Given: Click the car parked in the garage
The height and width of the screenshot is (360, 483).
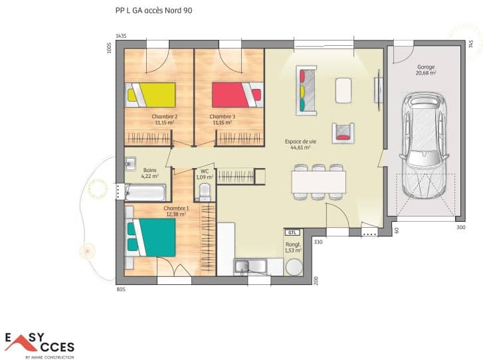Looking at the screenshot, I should pyautogui.click(x=425, y=145).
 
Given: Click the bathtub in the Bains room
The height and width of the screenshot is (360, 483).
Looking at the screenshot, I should pyautogui.click(x=145, y=193).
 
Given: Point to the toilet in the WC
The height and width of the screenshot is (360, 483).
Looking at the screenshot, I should pyautogui.click(x=204, y=191).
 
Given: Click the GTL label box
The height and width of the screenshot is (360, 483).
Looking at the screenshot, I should pyautogui.click(x=292, y=232).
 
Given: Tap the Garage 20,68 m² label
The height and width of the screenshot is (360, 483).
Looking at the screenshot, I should pyautogui.click(x=426, y=70).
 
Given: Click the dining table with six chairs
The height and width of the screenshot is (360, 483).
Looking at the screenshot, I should pyautogui.click(x=318, y=181).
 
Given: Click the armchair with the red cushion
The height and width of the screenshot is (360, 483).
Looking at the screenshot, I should pyautogui.click(x=342, y=130).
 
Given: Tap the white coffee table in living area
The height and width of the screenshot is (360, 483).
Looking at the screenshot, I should pyautogui.click(x=343, y=90).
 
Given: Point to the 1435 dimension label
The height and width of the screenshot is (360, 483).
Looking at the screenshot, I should pyautogui.click(x=121, y=36).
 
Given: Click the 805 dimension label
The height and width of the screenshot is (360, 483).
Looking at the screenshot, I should pyautogui.click(x=121, y=289).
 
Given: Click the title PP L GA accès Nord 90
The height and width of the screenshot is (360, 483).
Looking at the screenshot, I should pyautogui.click(x=155, y=11).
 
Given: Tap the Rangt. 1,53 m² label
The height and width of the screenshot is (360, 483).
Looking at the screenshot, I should pyautogui.click(x=292, y=247).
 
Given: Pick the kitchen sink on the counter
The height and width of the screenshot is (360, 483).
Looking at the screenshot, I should pyautogui.click(x=249, y=267).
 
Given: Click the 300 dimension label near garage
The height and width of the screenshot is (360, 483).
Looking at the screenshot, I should pyautogui.click(x=460, y=228).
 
